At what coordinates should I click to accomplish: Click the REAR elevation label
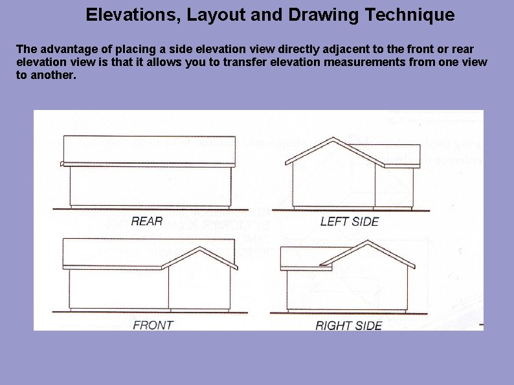click(147, 221)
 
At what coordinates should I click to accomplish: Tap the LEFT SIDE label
click(350, 221)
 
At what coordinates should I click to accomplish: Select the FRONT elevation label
click(153, 325)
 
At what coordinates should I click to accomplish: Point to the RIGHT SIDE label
click(349, 325)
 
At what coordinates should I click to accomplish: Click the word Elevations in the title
click(131, 15)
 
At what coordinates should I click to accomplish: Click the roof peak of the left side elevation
click(333, 138)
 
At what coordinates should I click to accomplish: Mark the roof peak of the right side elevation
click(368, 241)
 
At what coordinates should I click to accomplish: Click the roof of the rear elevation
click(149, 149)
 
